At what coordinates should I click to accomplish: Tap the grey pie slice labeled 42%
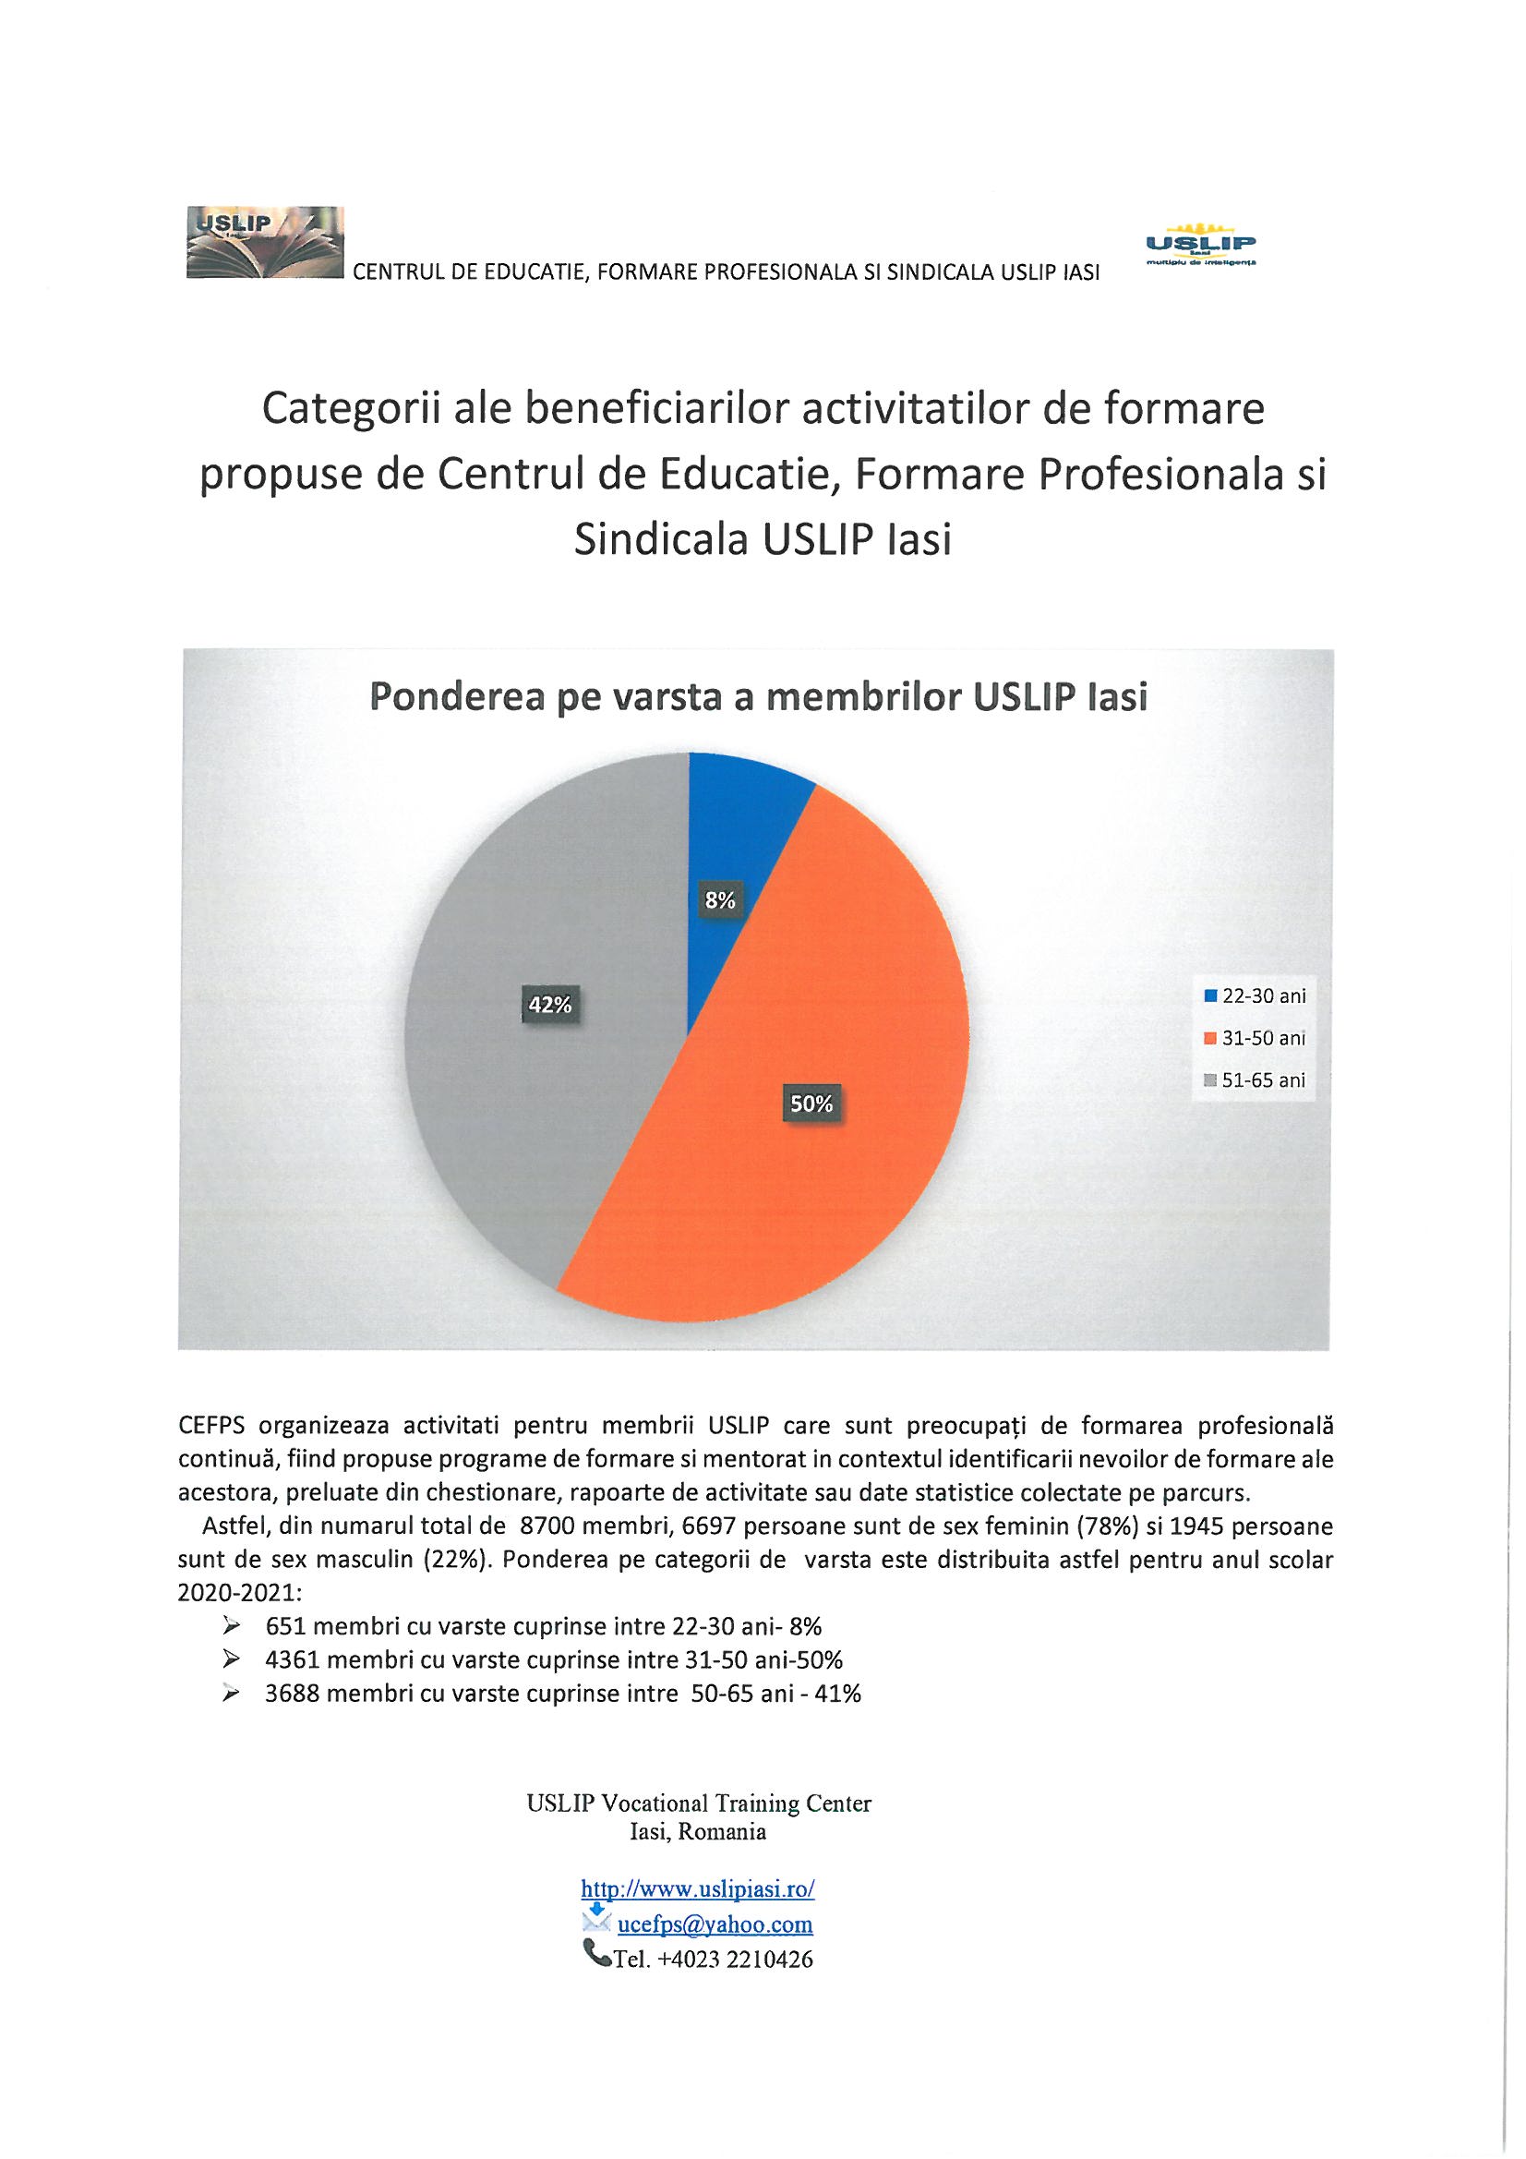(x=526, y=1081)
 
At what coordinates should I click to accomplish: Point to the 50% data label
(x=811, y=1104)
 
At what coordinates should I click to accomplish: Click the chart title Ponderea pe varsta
(x=759, y=698)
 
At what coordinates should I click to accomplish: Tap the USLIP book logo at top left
(x=265, y=243)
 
